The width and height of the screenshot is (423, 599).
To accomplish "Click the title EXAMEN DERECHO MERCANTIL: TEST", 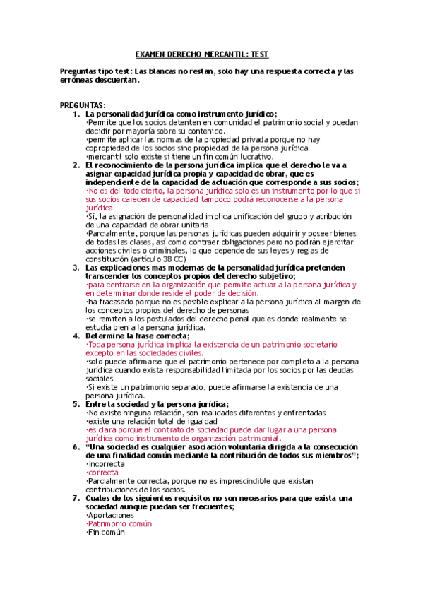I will point(201,54).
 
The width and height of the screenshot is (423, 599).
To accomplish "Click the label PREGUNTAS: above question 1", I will point(83,105).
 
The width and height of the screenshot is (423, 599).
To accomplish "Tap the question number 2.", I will point(76,165).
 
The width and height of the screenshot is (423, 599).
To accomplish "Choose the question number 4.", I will point(76,336).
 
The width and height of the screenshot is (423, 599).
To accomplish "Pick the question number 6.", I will point(76,446).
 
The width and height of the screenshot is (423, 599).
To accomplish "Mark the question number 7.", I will point(76,498).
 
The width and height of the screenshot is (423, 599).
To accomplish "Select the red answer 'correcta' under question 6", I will point(103,472).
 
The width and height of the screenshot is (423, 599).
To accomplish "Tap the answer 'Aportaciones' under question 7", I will point(109,515).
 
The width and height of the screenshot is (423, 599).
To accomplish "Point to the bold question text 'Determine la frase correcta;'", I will point(133,336).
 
